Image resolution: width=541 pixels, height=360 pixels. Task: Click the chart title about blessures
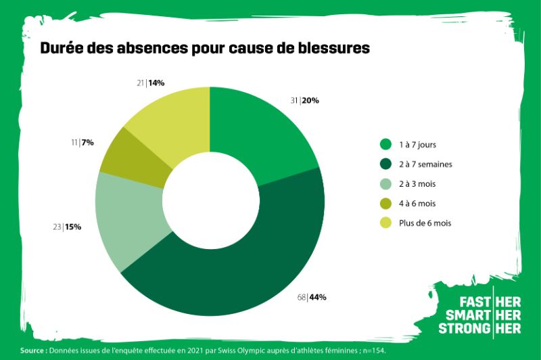[205, 49]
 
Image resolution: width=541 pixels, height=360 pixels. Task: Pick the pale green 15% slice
[128, 217]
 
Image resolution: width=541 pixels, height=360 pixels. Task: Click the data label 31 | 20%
[304, 101]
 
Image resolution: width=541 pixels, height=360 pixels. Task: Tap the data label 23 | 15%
[67, 227]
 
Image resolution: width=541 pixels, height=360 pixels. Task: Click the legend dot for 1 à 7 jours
[385, 144]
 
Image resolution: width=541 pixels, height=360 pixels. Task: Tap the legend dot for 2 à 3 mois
[385, 183]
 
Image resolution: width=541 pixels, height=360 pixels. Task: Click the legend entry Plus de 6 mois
[425, 223]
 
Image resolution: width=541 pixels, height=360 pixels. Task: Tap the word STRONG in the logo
[464, 329]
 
